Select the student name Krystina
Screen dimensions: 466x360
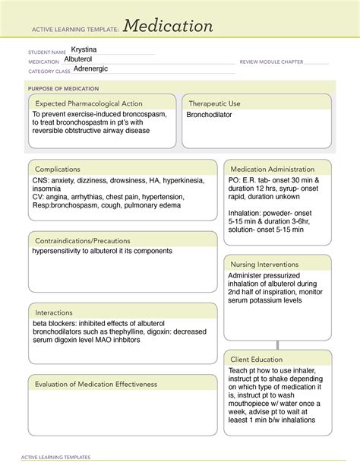pos(89,49)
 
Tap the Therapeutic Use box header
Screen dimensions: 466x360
pos(215,103)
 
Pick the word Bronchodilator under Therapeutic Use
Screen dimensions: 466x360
pos(209,115)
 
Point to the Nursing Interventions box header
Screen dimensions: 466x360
pos(264,264)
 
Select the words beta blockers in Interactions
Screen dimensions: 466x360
pos(55,323)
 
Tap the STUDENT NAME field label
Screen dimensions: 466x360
pos(46,52)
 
